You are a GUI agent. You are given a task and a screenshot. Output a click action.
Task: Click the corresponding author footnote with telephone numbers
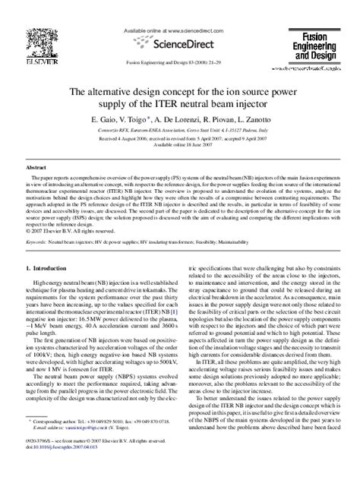pos(106,441)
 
